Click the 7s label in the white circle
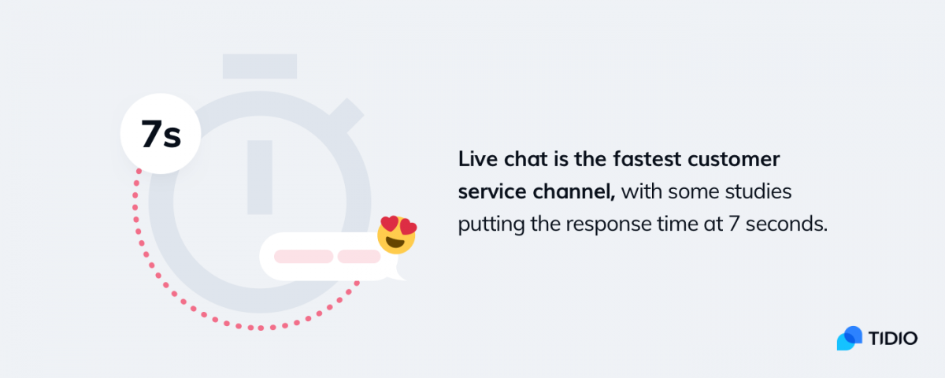pyautogui.click(x=161, y=134)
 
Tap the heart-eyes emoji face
pyautogui.click(x=397, y=235)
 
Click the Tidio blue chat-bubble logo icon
pyautogui.click(x=849, y=338)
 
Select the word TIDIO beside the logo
pyautogui.click(x=893, y=339)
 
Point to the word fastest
pyautogui.click(x=647, y=159)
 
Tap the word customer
pyautogui.click(x=734, y=159)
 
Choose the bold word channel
pyautogui.click(x=574, y=191)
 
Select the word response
pyautogui.click(x=609, y=224)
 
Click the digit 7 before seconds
pyautogui.click(x=734, y=224)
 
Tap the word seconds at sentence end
pyautogui.click(x=787, y=224)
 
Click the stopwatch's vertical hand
pyautogui.click(x=259, y=177)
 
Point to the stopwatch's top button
pyautogui.click(x=259, y=66)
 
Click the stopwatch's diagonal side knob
pyautogui.click(x=346, y=116)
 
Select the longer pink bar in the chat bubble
pyautogui.click(x=304, y=256)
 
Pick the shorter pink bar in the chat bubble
pyautogui.click(x=359, y=256)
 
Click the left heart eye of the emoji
pyautogui.click(x=389, y=224)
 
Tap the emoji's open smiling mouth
pyautogui.click(x=395, y=243)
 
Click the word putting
pyautogui.click(x=491, y=224)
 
